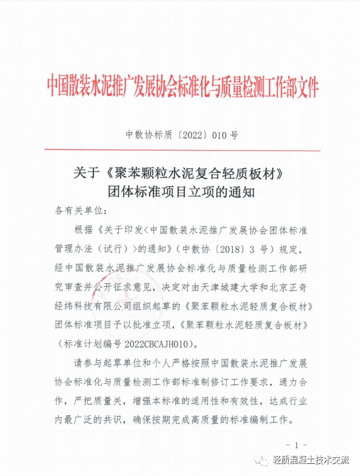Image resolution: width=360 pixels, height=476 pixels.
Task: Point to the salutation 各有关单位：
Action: pyautogui.click(x=81, y=211)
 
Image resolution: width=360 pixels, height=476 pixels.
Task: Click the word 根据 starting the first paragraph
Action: pyautogui.click(x=81, y=230)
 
